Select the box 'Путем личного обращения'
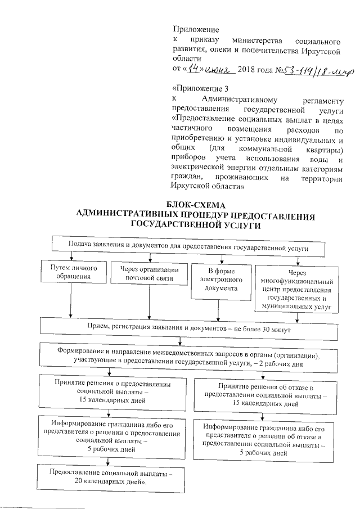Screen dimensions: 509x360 point(70,273)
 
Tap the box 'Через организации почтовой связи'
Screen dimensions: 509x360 point(148,273)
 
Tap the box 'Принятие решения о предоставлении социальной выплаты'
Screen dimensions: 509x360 point(112,391)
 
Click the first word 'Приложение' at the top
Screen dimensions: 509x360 point(196,29)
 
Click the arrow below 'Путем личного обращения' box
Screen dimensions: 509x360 point(71,304)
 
